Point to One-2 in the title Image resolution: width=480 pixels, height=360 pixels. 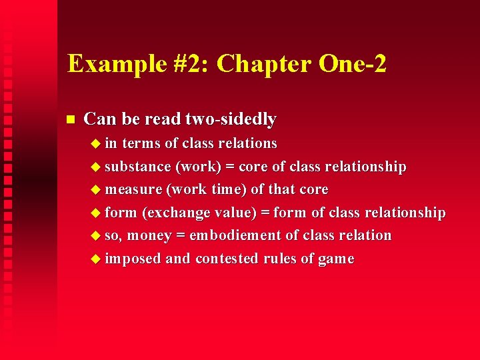(353, 64)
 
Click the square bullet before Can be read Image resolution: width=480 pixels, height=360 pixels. (70, 120)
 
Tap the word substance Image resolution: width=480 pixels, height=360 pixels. (138, 167)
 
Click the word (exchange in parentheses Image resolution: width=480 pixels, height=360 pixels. (175, 213)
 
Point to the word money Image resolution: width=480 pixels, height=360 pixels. (155, 235)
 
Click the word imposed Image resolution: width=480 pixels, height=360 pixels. (133, 259)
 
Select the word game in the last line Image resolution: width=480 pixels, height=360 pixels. (336, 259)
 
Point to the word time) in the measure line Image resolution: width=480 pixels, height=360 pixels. (229, 189)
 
